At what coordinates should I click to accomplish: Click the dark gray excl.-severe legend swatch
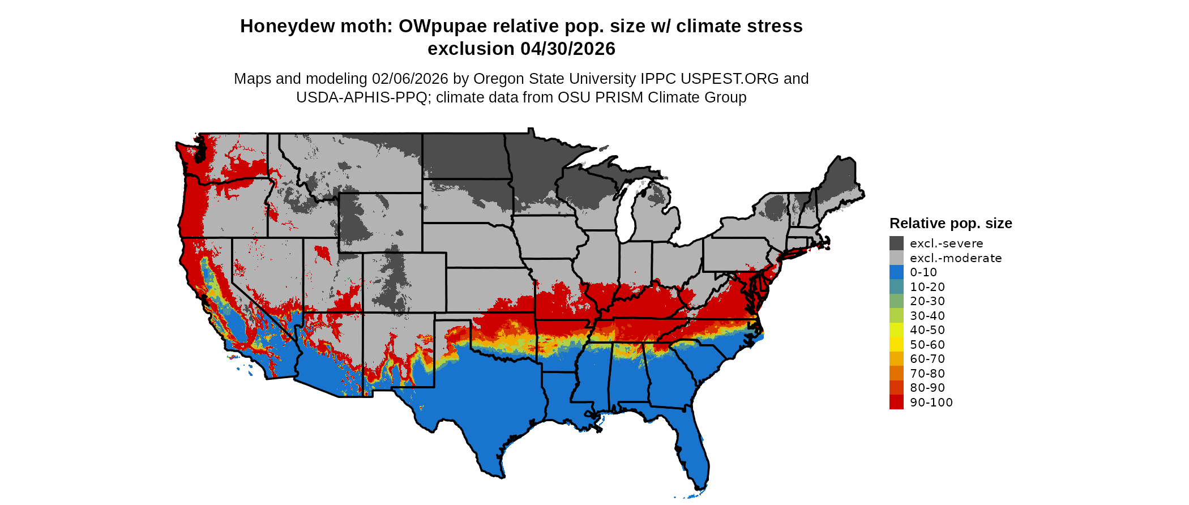coord(896,243)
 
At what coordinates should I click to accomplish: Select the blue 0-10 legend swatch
coord(896,272)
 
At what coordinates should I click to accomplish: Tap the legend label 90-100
coord(931,403)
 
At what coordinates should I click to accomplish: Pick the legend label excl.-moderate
coord(955,258)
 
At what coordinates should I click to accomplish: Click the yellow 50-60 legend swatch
coord(896,344)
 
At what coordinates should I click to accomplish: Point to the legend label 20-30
coord(927,301)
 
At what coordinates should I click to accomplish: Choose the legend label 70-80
coord(927,374)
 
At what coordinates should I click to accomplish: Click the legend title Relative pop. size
coord(950,224)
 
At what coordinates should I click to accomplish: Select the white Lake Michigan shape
coord(625,215)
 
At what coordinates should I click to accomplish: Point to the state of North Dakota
coord(464,156)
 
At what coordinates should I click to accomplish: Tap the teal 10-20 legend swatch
coord(896,287)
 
